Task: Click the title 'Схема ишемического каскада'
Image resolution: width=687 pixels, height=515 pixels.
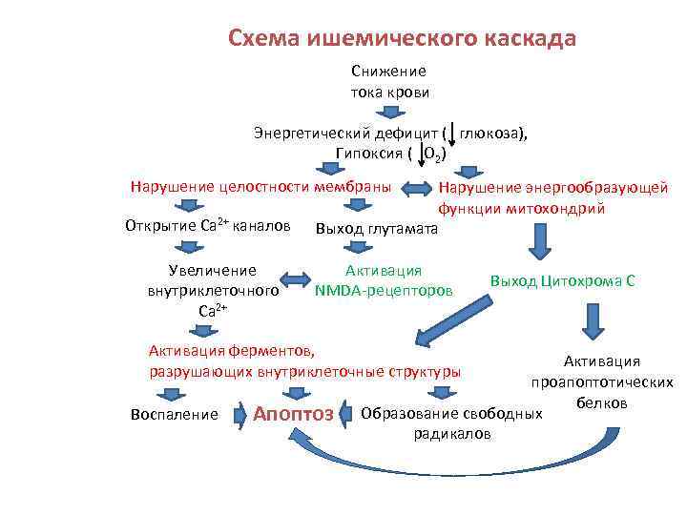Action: [402, 38]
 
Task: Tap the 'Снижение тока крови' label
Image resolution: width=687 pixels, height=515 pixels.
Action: [388, 81]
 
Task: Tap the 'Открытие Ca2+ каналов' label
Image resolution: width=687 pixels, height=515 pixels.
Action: [207, 226]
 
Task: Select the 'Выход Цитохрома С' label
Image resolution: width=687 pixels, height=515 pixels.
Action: [562, 281]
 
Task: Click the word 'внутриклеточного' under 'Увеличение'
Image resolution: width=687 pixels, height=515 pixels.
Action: [213, 290]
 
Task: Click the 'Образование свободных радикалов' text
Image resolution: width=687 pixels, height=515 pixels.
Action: [452, 423]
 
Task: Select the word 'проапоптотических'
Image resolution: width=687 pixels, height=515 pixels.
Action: [602, 381]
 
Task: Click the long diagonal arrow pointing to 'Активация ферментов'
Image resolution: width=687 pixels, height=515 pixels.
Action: [453, 319]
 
